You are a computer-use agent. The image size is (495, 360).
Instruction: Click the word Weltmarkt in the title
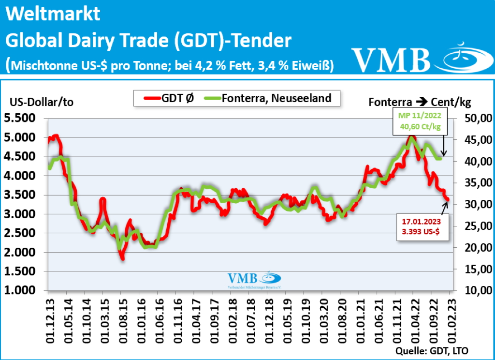[x=53, y=14]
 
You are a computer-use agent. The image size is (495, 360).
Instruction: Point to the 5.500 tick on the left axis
[x=23, y=118]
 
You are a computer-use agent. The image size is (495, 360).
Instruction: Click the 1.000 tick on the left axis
[x=23, y=290]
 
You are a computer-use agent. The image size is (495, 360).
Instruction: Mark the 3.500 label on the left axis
[x=23, y=195]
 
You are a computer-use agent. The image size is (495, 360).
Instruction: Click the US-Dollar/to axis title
[x=42, y=102]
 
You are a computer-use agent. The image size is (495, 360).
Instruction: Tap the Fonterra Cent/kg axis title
[x=420, y=102]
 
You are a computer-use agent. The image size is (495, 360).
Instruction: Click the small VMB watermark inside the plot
[x=254, y=279]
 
